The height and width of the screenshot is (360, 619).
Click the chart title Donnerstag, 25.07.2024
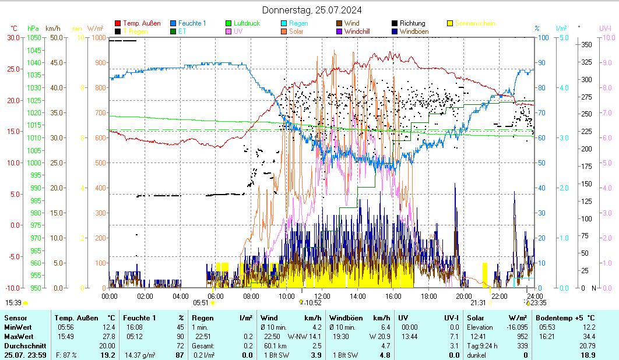[311, 10]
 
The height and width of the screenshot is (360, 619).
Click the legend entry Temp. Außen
[142, 23]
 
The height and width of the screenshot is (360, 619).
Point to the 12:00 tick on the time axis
[322, 295]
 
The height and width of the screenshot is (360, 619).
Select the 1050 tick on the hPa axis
[34, 38]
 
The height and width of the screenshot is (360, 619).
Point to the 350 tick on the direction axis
[587, 45]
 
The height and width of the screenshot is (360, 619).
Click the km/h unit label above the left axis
[52, 28]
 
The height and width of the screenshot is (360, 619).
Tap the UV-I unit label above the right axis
[605, 28]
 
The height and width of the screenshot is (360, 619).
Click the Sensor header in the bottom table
[15, 318]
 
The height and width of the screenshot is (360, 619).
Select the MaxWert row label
[17, 337]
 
